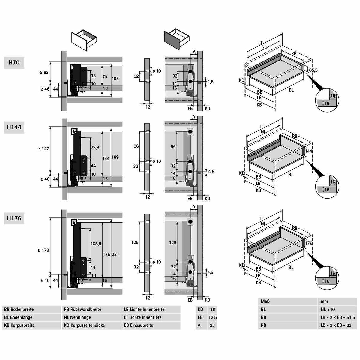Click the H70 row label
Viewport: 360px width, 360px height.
pyautogui.click(x=14, y=62)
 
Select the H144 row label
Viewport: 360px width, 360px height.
pyautogui.click(x=14, y=127)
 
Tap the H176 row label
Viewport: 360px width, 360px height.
pyautogui.click(x=14, y=218)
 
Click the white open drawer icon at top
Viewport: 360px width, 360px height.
pyautogui.click(x=84, y=39)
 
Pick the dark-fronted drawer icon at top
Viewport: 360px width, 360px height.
pyautogui.click(x=177, y=39)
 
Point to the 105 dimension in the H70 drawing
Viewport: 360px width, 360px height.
pyautogui.click(x=115, y=79)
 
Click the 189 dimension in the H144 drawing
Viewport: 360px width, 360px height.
pyautogui.click(x=115, y=157)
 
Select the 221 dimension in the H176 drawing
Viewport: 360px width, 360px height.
pyautogui.click(x=115, y=254)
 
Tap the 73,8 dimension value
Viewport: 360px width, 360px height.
pyautogui.click(x=95, y=148)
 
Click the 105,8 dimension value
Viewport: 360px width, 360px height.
pyautogui.click(x=96, y=244)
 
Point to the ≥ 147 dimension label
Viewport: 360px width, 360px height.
pyautogui.click(x=43, y=148)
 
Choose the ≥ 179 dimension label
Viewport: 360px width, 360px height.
pyautogui.click(x=43, y=250)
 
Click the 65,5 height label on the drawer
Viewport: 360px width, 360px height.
pyautogui.click(x=313, y=70)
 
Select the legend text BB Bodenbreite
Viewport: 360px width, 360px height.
pyautogui.click(x=19, y=310)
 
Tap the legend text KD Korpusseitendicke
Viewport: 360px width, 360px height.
pyautogui.click(x=84, y=325)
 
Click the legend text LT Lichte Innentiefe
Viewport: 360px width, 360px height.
pyautogui.click(x=142, y=317)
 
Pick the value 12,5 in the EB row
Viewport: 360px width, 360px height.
pyautogui.click(x=212, y=317)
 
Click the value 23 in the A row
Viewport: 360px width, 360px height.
pyautogui.click(x=212, y=325)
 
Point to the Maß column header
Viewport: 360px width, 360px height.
pyautogui.click(x=265, y=301)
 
